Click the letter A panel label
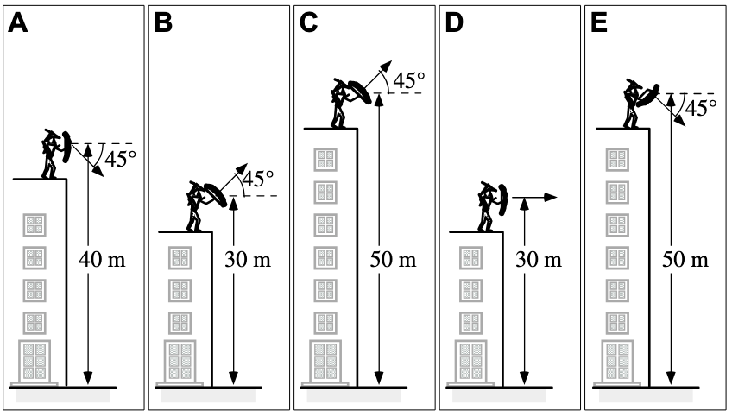pos(18,23)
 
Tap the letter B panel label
pos(164,23)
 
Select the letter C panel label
pos(309,23)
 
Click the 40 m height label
pos(102,258)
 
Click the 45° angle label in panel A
pos(120,159)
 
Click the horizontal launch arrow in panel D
pos(536,199)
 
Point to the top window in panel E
pos(617,159)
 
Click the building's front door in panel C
pos(325,362)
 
